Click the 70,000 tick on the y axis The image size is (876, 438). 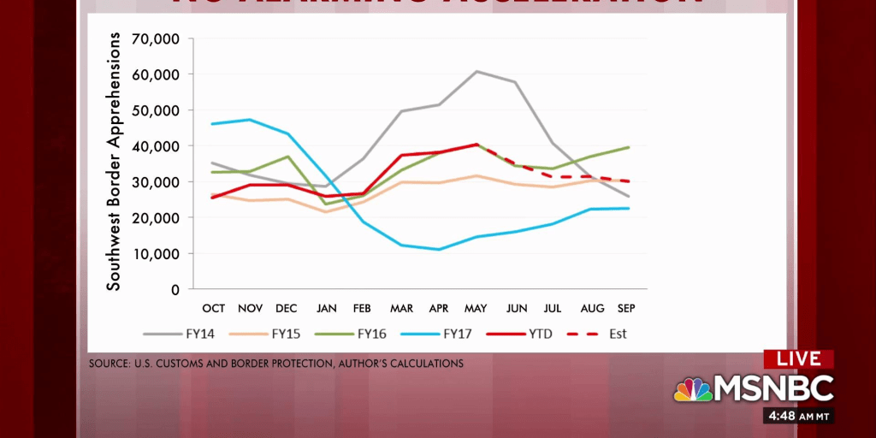[x=155, y=38]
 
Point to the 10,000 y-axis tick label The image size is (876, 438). [x=155, y=254]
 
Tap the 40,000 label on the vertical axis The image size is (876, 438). [x=155, y=146]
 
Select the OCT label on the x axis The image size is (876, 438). [x=213, y=307]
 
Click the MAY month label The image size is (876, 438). [x=476, y=307]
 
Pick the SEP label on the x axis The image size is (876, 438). [x=626, y=307]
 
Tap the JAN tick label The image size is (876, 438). [x=326, y=307]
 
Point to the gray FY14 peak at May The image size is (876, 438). [x=476, y=71]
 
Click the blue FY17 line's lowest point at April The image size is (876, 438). [x=439, y=250]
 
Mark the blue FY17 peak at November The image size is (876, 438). [x=250, y=120]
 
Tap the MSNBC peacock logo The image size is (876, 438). [x=693, y=390]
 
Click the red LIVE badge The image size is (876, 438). [x=799, y=359]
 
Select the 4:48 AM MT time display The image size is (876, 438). [x=798, y=417]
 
